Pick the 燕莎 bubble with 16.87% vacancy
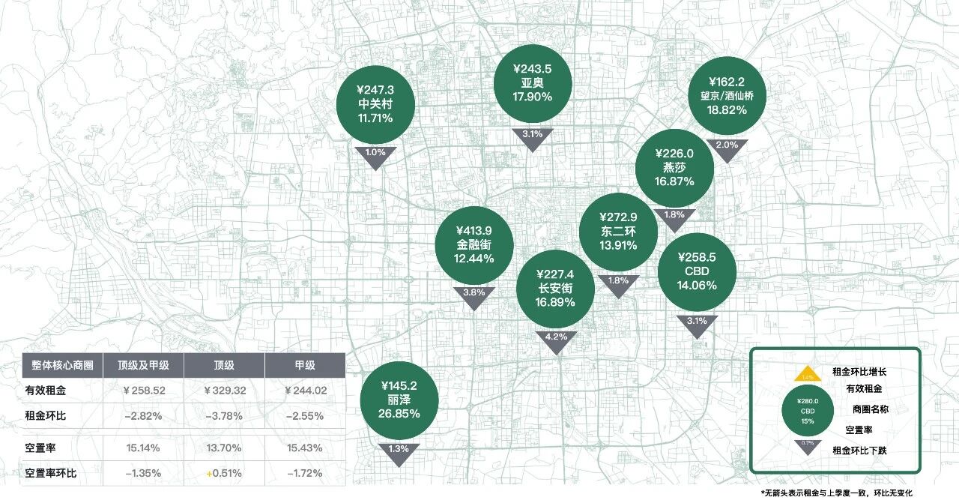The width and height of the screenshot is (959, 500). (674, 166)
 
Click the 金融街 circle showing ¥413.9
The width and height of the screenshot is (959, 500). (474, 244)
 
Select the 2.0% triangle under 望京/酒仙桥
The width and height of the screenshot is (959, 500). (727, 148)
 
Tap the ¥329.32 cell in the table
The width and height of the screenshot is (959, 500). (225, 391)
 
